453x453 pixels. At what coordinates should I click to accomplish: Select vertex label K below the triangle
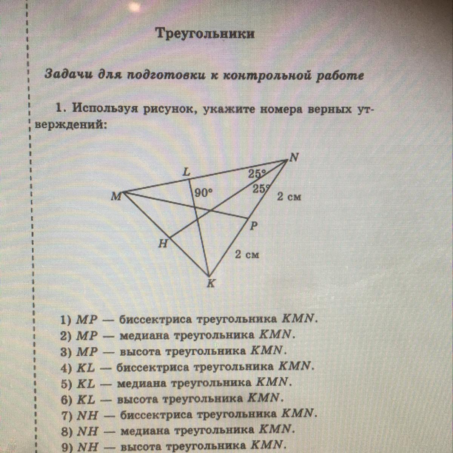click(x=211, y=284)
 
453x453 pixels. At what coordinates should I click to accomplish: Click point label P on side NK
click(x=254, y=226)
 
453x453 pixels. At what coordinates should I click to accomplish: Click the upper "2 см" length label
click(x=289, y=197)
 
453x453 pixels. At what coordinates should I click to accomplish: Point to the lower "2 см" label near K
click(x=247, y=254)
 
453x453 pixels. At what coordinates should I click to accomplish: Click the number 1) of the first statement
click(x=66, y=320)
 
